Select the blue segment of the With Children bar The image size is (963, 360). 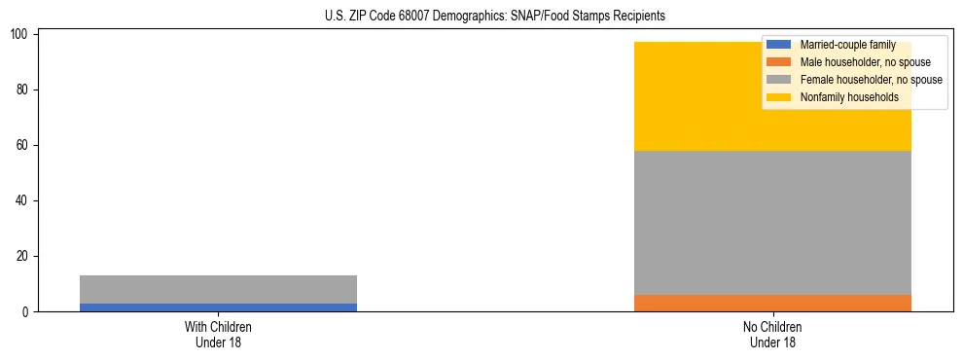pyautogui.click(x=218, y=307)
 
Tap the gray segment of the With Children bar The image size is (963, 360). pyautogui.click(x=218, y=289)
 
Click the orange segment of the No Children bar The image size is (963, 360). pyautogui.click(x=772, y=303)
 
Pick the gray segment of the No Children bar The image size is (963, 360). pyautogui.click(x=772, y=223)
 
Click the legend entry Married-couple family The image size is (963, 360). pyautogui.click(x=847, y=45)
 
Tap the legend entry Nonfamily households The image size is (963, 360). pyautogui.click(x=849, y=97)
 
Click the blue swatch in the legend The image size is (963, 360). pyautogui.click(x=778, y=45)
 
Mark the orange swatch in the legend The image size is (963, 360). pyautogui.click(x=778, y=62)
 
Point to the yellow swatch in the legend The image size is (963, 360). pyautogui.click(x=778, y=97)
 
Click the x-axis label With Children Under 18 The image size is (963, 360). pyautogui.click(x=218, y=334)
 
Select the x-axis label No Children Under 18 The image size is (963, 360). pyautogui.click(x=772, y=334)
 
